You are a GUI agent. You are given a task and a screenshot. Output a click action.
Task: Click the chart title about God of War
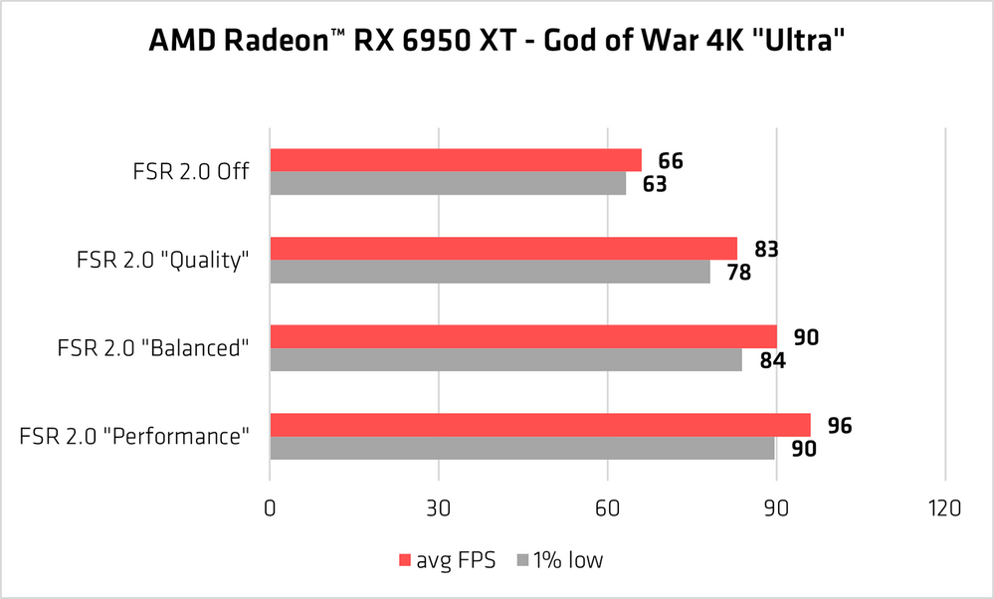pyautogui.click(x=497, y=43)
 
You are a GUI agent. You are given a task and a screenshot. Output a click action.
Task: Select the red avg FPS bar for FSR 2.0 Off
pyautogui.click(x=455, y=160)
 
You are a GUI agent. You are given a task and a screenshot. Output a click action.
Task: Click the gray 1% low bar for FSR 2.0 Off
pyautogui.click(x=448, y=183)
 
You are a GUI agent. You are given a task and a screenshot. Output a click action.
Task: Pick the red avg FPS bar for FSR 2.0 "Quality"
pyautogui.click(x=503, y=248)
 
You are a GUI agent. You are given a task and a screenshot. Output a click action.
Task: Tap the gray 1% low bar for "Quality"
pyautogui.click(x=490, y=271)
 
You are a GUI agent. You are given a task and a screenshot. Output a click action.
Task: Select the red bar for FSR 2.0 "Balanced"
pyautogui.click(x=522, y=336)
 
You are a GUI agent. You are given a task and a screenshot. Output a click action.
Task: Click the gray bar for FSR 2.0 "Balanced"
pyautogui.click(x=505, y=359)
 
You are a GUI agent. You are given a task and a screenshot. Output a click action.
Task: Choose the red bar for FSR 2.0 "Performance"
pyautogui.click(x=539, y=425)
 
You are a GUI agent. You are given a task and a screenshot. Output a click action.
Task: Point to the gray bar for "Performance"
pyautogui.click(x=522, y=448)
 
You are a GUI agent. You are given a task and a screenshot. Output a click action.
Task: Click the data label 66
pyautogui.click(x=671, y=161)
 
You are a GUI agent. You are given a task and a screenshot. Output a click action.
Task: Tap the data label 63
pyautogui.click(x=654, y=184)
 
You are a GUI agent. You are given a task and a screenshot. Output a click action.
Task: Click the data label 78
pyautogui.click(x=738, y=272)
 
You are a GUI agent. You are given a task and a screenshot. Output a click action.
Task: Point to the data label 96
pyautogui.click(x=840, y=426)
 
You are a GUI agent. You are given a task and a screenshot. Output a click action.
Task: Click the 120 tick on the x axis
pyautogui.click(x=944, y=508)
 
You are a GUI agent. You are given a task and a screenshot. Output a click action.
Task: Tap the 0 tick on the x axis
pyautogui.click(x=270, y=508)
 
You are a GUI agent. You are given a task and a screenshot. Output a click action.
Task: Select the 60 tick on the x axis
pyautogui.click(x=607, y=508)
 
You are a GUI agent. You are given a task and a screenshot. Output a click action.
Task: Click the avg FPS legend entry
pyautogui.click(x=448, y=560)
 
